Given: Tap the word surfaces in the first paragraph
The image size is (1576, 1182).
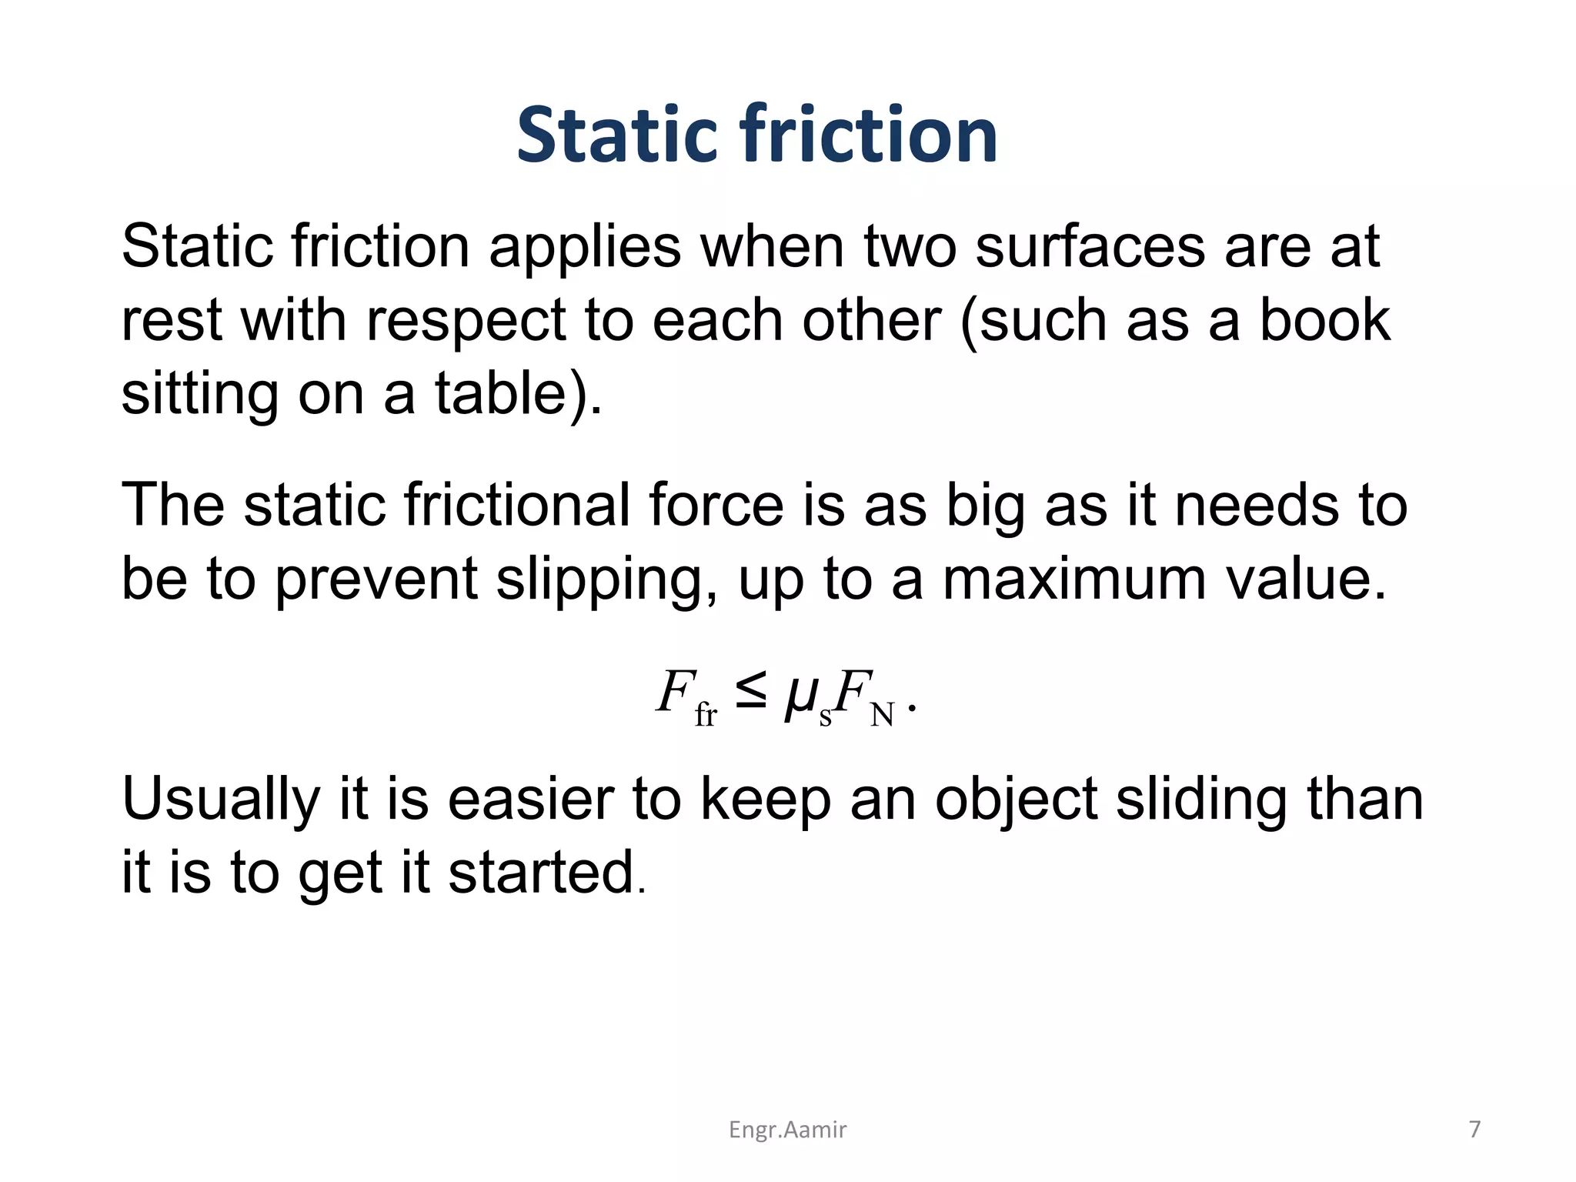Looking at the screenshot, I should coord(1090,248).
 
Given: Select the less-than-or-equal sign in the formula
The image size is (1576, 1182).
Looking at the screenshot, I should coord(750,692).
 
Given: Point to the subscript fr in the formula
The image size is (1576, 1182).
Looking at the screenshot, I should coord(706,716).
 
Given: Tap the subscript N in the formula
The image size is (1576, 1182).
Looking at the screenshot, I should coord(882,716).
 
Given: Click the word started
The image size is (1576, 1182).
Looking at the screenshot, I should coord(541,873).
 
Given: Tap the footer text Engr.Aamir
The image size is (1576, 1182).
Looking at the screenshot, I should coord(787,1130).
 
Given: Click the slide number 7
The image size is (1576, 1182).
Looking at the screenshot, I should coord(1474,1129).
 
